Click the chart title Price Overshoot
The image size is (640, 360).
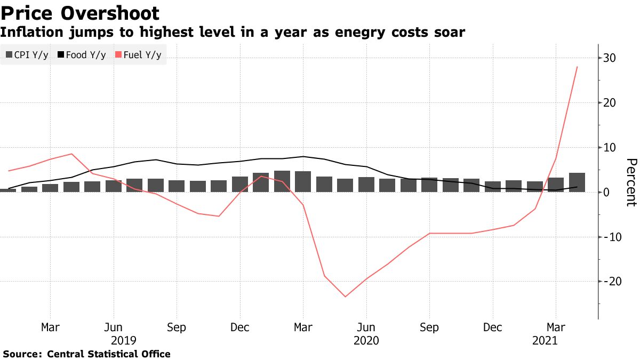[80, 13]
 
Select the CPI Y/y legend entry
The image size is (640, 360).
[27, 55]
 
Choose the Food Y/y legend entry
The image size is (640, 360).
[82, 55]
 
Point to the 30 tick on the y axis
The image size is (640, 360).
[606, 58]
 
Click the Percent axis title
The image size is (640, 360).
[631, 182]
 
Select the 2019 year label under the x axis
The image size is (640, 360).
[124, 340]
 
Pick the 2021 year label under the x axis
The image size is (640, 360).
[545, 340]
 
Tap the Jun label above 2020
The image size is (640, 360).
[366, 327]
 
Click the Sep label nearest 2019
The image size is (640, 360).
[177, 327]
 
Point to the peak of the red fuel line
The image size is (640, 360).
[577, 67]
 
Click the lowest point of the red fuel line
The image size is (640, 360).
[345, 297]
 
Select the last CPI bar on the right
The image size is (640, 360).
[577, 182]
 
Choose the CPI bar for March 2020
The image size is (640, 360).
[303, 181]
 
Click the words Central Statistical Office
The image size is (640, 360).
[109, 354]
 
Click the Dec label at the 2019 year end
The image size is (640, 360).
[239, 327]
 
